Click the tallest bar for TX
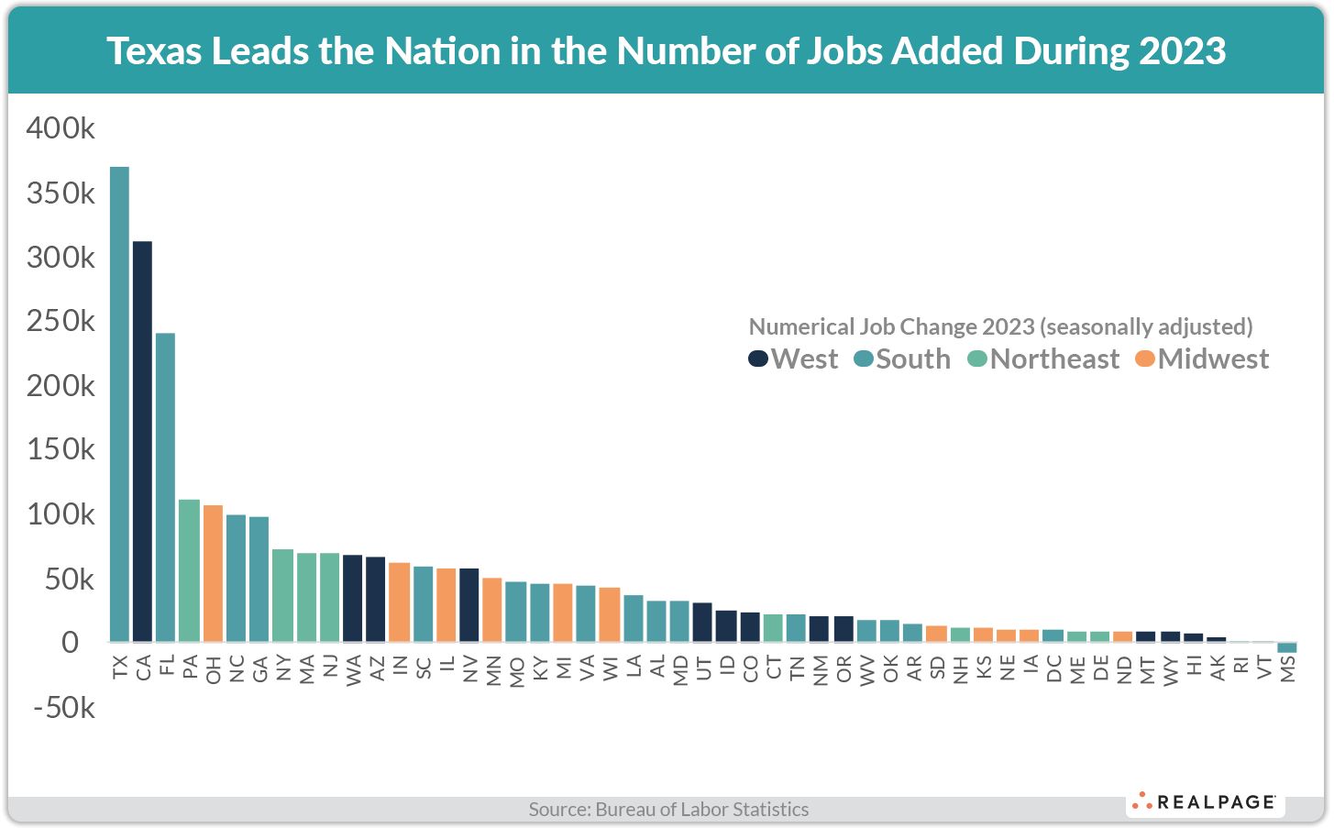(119, 403)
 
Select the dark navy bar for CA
(142, 441)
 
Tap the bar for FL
(165, 487)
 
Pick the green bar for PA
(189, 570)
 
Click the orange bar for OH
(213, 573)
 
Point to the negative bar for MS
(1287, 647)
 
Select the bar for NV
(469, 605)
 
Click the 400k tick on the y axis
(61, 128)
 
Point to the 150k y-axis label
(61, 450)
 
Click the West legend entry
(794, 359)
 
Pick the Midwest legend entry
(1202, 359)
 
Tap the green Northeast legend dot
(977, 359)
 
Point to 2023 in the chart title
(1182, 51)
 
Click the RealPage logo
(1205, 802)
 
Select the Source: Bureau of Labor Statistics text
(668, 809)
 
